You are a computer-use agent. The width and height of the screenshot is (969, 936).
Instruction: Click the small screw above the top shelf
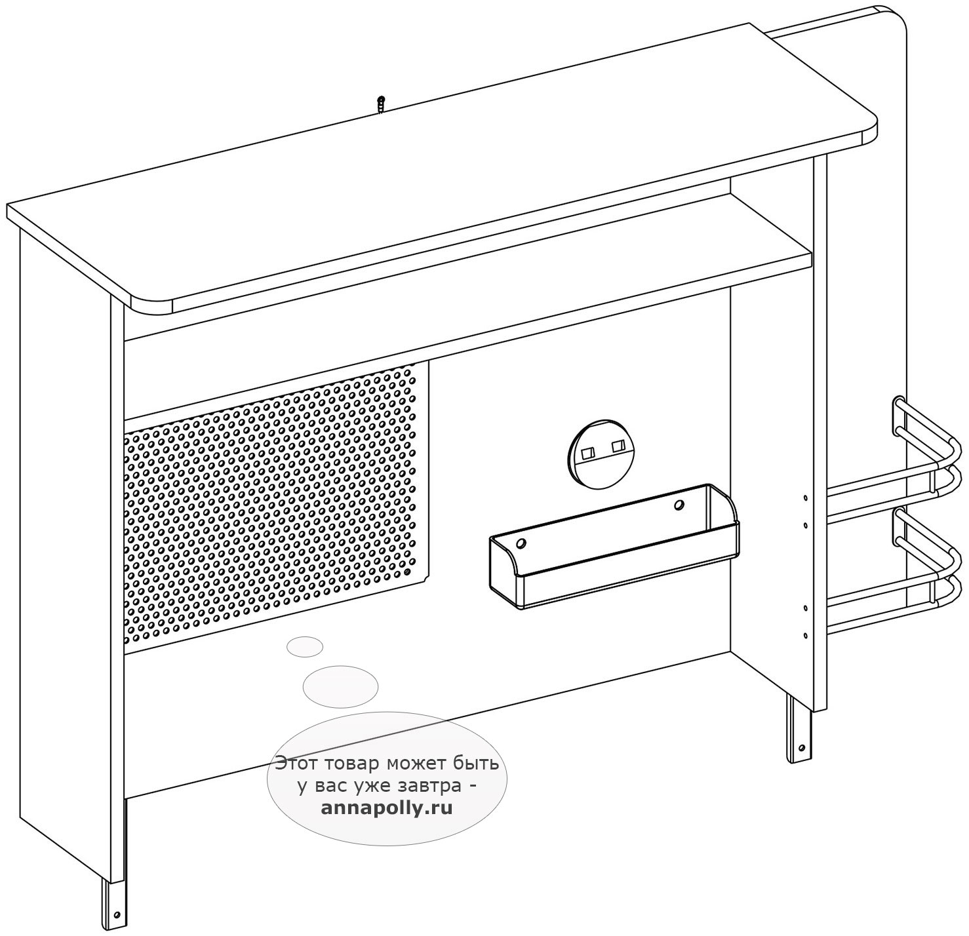pos(381,105)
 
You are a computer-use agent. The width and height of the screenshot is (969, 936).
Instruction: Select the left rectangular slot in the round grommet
pos(587,453)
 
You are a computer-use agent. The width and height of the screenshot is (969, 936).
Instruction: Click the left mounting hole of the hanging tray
pos(521,543)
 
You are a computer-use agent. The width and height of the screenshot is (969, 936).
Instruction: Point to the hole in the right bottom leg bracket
pos(801,748)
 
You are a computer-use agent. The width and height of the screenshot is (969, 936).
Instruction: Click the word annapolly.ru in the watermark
pos(387,808)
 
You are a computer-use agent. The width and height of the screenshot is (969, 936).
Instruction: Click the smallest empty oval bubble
pos(304,647)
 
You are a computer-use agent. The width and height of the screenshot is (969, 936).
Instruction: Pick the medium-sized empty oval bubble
pos(340,686)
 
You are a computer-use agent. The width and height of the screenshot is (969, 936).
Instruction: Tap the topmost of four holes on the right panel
pos(806,498)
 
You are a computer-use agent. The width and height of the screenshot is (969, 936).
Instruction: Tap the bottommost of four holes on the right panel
pos(805,635)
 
